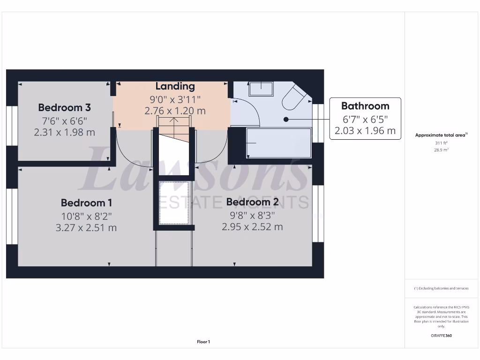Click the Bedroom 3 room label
click(x=64, y=107)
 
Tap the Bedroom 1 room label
click(x=86, y=203)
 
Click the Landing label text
click(x=175, y=86)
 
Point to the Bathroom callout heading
click(x=365, y=106)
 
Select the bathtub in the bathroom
click(x=278, y=142)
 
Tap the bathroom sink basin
click(x=261, y=88)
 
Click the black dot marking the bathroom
click(x=285, y=120)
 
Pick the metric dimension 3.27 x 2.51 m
click(x=86, y=228)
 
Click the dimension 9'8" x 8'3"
click(x=252, y=215)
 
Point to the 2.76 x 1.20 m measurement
click(x=175, y=111)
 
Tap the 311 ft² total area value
click(x=441, y=143)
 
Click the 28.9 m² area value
click(x=441, y=150)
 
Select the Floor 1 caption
click(x=203, y=342)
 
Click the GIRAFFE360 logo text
click(x=441, y=336)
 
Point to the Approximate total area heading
click(x=440, y=135)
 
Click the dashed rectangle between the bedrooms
click(x=174, y=202)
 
